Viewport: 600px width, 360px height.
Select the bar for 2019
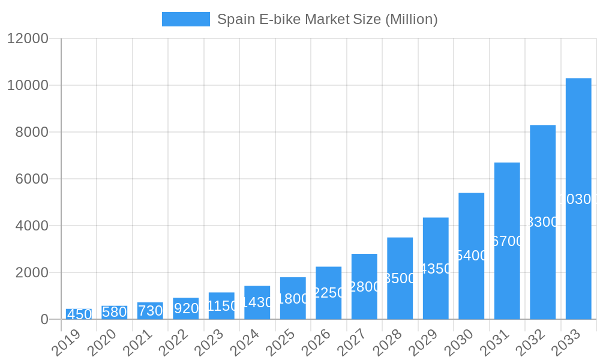(79, 314)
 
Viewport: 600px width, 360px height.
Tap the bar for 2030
(471, 256)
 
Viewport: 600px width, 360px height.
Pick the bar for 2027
(364, 286)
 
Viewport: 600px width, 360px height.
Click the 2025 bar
(293, 298)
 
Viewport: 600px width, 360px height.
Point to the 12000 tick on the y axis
(28, 38)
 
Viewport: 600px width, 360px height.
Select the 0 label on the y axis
(44, 319)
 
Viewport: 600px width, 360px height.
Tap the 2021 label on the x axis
(137, 343)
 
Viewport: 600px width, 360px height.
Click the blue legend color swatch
(186, 19)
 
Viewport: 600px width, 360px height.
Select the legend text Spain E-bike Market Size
(327, 19)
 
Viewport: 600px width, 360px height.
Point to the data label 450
(79, 314)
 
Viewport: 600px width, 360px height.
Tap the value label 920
(186, 308)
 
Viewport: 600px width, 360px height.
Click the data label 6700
(507, 241)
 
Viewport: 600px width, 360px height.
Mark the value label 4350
(436, 269)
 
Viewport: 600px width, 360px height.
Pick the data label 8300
(542, 222)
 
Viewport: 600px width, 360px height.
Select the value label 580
(114, 312)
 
